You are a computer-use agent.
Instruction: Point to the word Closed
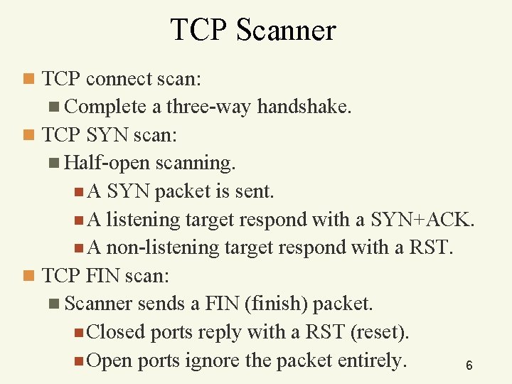point(116,332)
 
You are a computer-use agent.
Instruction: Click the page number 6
point(469,366)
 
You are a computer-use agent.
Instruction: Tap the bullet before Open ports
point(78,361)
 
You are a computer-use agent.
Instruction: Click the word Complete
point(105,107)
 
